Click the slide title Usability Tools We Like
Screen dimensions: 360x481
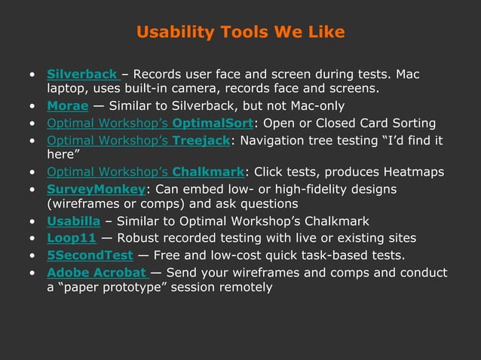point(240,32)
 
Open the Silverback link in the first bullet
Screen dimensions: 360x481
point(81,75)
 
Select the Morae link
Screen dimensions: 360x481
point(68,106)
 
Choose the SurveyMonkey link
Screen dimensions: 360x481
point(96,188)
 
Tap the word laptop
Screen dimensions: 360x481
point(66,90)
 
